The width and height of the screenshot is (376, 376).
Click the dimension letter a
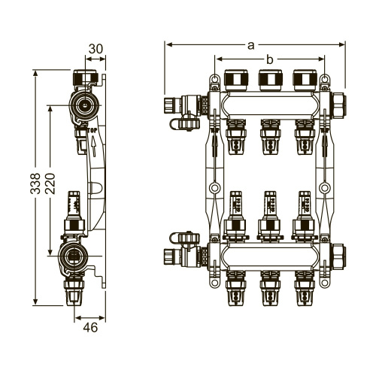coord(250,44)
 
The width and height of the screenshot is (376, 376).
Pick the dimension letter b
coord(267,59)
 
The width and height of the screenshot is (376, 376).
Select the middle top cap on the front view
coord(268,78)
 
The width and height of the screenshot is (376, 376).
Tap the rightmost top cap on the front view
coord(303,78)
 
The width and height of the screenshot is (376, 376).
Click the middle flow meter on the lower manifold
coord(268,211)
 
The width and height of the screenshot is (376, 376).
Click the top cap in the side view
coord(83,78)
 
